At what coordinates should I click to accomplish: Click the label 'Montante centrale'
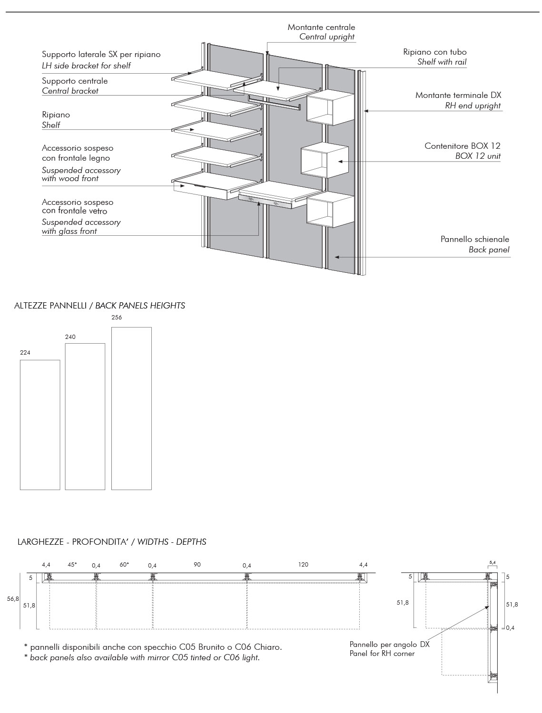[321, 27]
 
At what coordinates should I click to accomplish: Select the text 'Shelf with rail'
[442, 62]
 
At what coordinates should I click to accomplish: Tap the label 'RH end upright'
[473, 106]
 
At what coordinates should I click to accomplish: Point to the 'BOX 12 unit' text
[478, 156]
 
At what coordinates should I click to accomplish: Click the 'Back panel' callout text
[489, 250]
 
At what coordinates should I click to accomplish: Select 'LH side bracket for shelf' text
[86, 66]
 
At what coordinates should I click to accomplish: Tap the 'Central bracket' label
[70, 91]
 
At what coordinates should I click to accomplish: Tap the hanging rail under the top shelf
[275, 102]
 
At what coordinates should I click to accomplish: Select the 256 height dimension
[117, 318]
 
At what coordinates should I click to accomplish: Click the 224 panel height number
[25, 353]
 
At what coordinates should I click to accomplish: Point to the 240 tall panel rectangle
[85, 416]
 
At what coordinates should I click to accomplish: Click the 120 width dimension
[303, 565]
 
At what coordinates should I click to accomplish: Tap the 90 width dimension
[197, 565]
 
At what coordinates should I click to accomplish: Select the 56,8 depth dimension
[13, 599]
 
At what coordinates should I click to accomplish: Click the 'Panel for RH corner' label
[382, 654]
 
